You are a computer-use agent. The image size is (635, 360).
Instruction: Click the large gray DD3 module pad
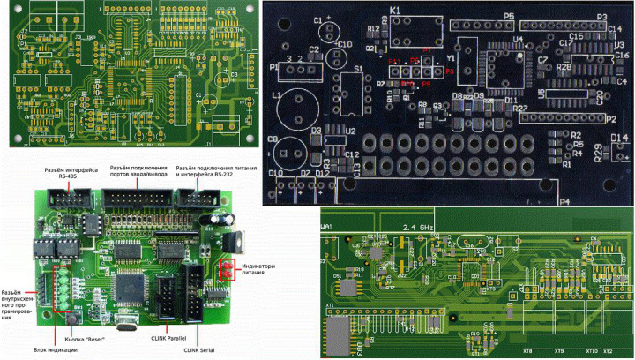tap(338, 336)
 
